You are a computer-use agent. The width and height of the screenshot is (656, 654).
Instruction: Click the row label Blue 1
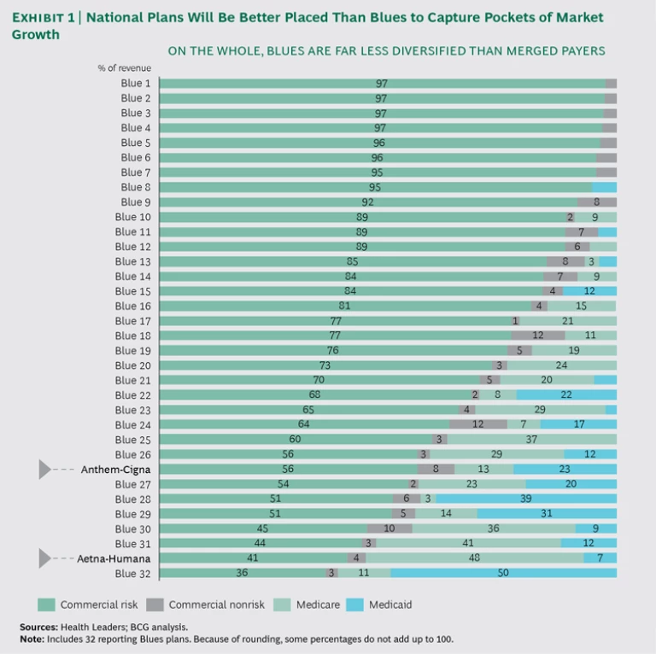click(x=136, y=83)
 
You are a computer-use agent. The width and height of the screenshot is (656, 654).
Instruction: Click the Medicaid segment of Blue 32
click(x=504, y=573)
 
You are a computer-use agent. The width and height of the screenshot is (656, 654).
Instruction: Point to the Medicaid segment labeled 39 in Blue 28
click(x=526, y=499)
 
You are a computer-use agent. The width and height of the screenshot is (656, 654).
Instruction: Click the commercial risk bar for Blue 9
click(x=368, y=202)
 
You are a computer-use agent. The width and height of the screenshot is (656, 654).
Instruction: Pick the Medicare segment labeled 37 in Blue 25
click(x=531, y=440)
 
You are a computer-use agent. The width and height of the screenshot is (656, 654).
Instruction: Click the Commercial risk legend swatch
click(x=46, y=604)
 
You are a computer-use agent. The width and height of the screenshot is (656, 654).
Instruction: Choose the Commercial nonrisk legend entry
click(x=202, y=604)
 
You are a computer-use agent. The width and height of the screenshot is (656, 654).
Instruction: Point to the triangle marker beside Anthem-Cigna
click(x=45, y=470)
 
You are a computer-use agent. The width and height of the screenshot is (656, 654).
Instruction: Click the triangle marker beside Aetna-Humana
click(x=45, y=558)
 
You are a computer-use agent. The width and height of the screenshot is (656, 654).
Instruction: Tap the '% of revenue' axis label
click(x=125, y=67)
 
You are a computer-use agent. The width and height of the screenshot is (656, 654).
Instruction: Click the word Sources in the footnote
click(x=38, y=627)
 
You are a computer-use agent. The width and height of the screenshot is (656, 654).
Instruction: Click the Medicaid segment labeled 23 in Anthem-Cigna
click(x=565, y=470)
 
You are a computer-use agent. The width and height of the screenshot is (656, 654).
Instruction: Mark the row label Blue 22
click(x=133, y=395)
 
